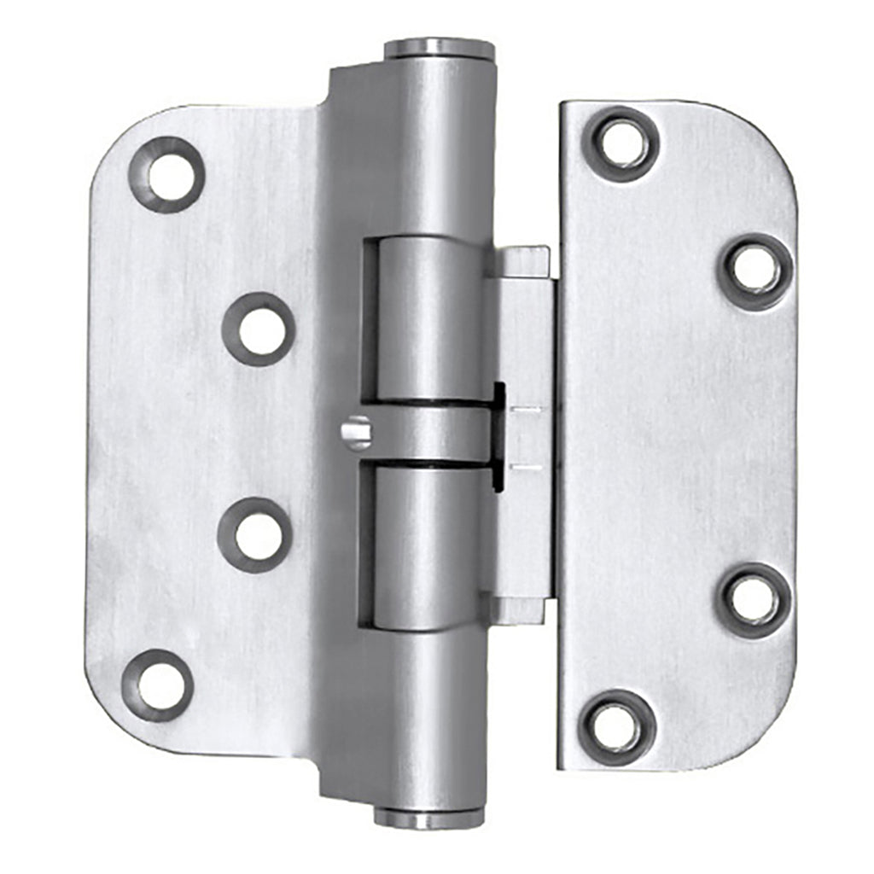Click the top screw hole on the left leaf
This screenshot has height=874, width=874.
point(167,174)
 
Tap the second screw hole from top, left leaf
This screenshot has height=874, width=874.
point(259,329)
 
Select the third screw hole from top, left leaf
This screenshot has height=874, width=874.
point(255,535)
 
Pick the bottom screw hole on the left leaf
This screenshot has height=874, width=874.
point(158,685)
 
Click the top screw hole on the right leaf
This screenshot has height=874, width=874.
point(621,143)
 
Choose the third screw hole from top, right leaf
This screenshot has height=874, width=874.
point(754,600)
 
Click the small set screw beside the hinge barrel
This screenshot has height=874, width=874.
point(357,432)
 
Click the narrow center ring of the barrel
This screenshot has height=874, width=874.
point(427,433)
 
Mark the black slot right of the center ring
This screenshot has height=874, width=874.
point(498,435)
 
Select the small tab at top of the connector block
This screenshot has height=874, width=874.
point(521,261)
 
